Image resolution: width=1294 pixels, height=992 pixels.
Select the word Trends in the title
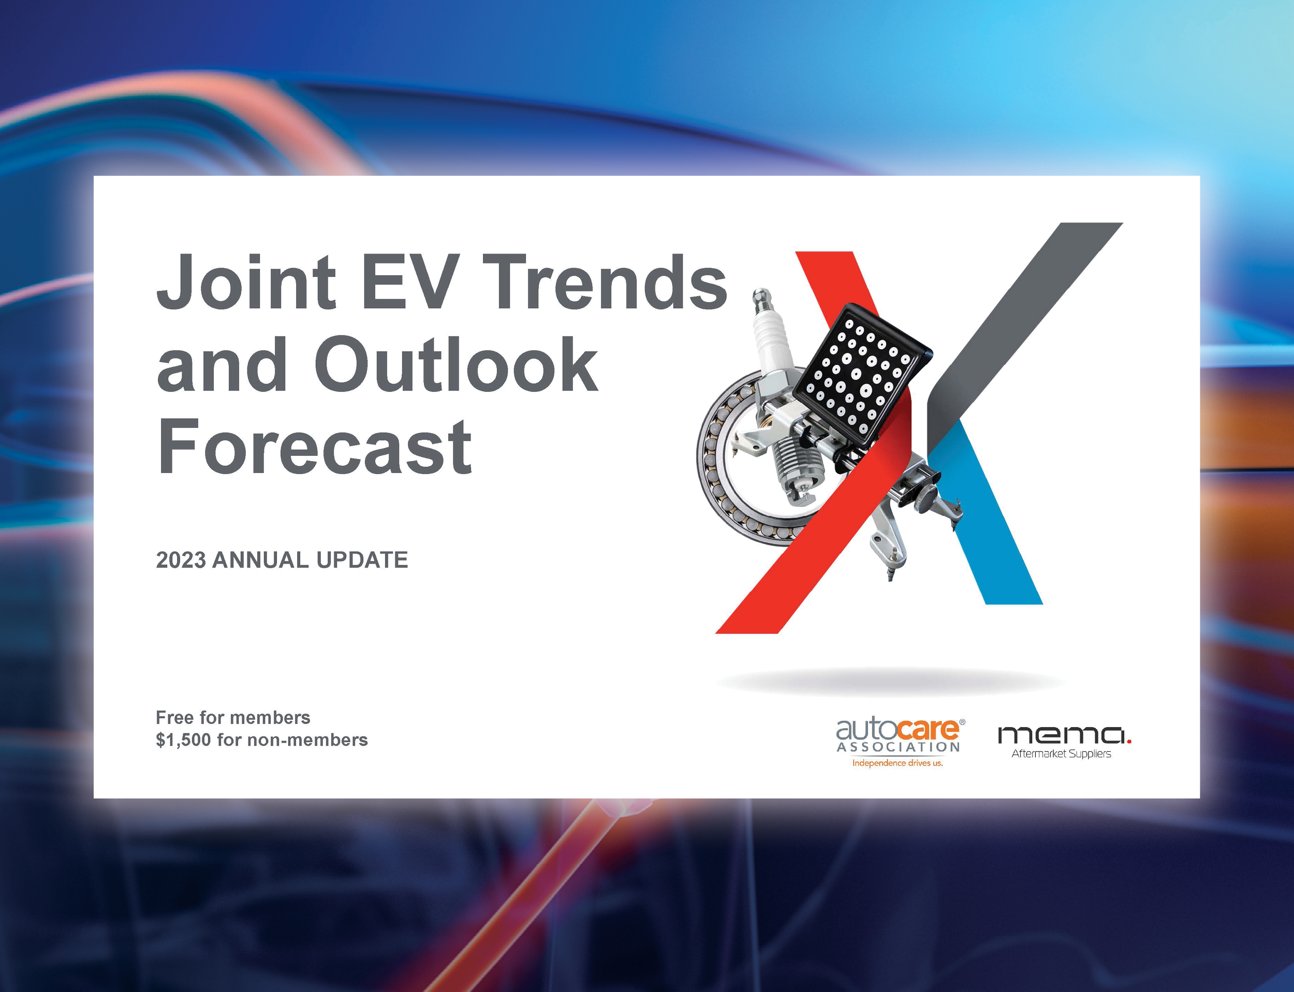(x=608, y=282)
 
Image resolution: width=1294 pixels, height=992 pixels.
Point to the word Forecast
(x=314, y=447)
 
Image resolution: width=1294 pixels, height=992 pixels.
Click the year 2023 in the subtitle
(x=181, y=560)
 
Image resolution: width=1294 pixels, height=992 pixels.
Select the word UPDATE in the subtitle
(x=362, y=560)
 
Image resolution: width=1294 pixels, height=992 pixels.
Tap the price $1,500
(x=183, y=740)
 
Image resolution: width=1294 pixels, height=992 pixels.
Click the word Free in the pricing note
(x=174, y=717)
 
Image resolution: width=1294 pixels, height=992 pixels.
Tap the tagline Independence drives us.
(x=897, y=763)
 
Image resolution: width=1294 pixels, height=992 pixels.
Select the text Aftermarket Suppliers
(x=1061, y=754)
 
